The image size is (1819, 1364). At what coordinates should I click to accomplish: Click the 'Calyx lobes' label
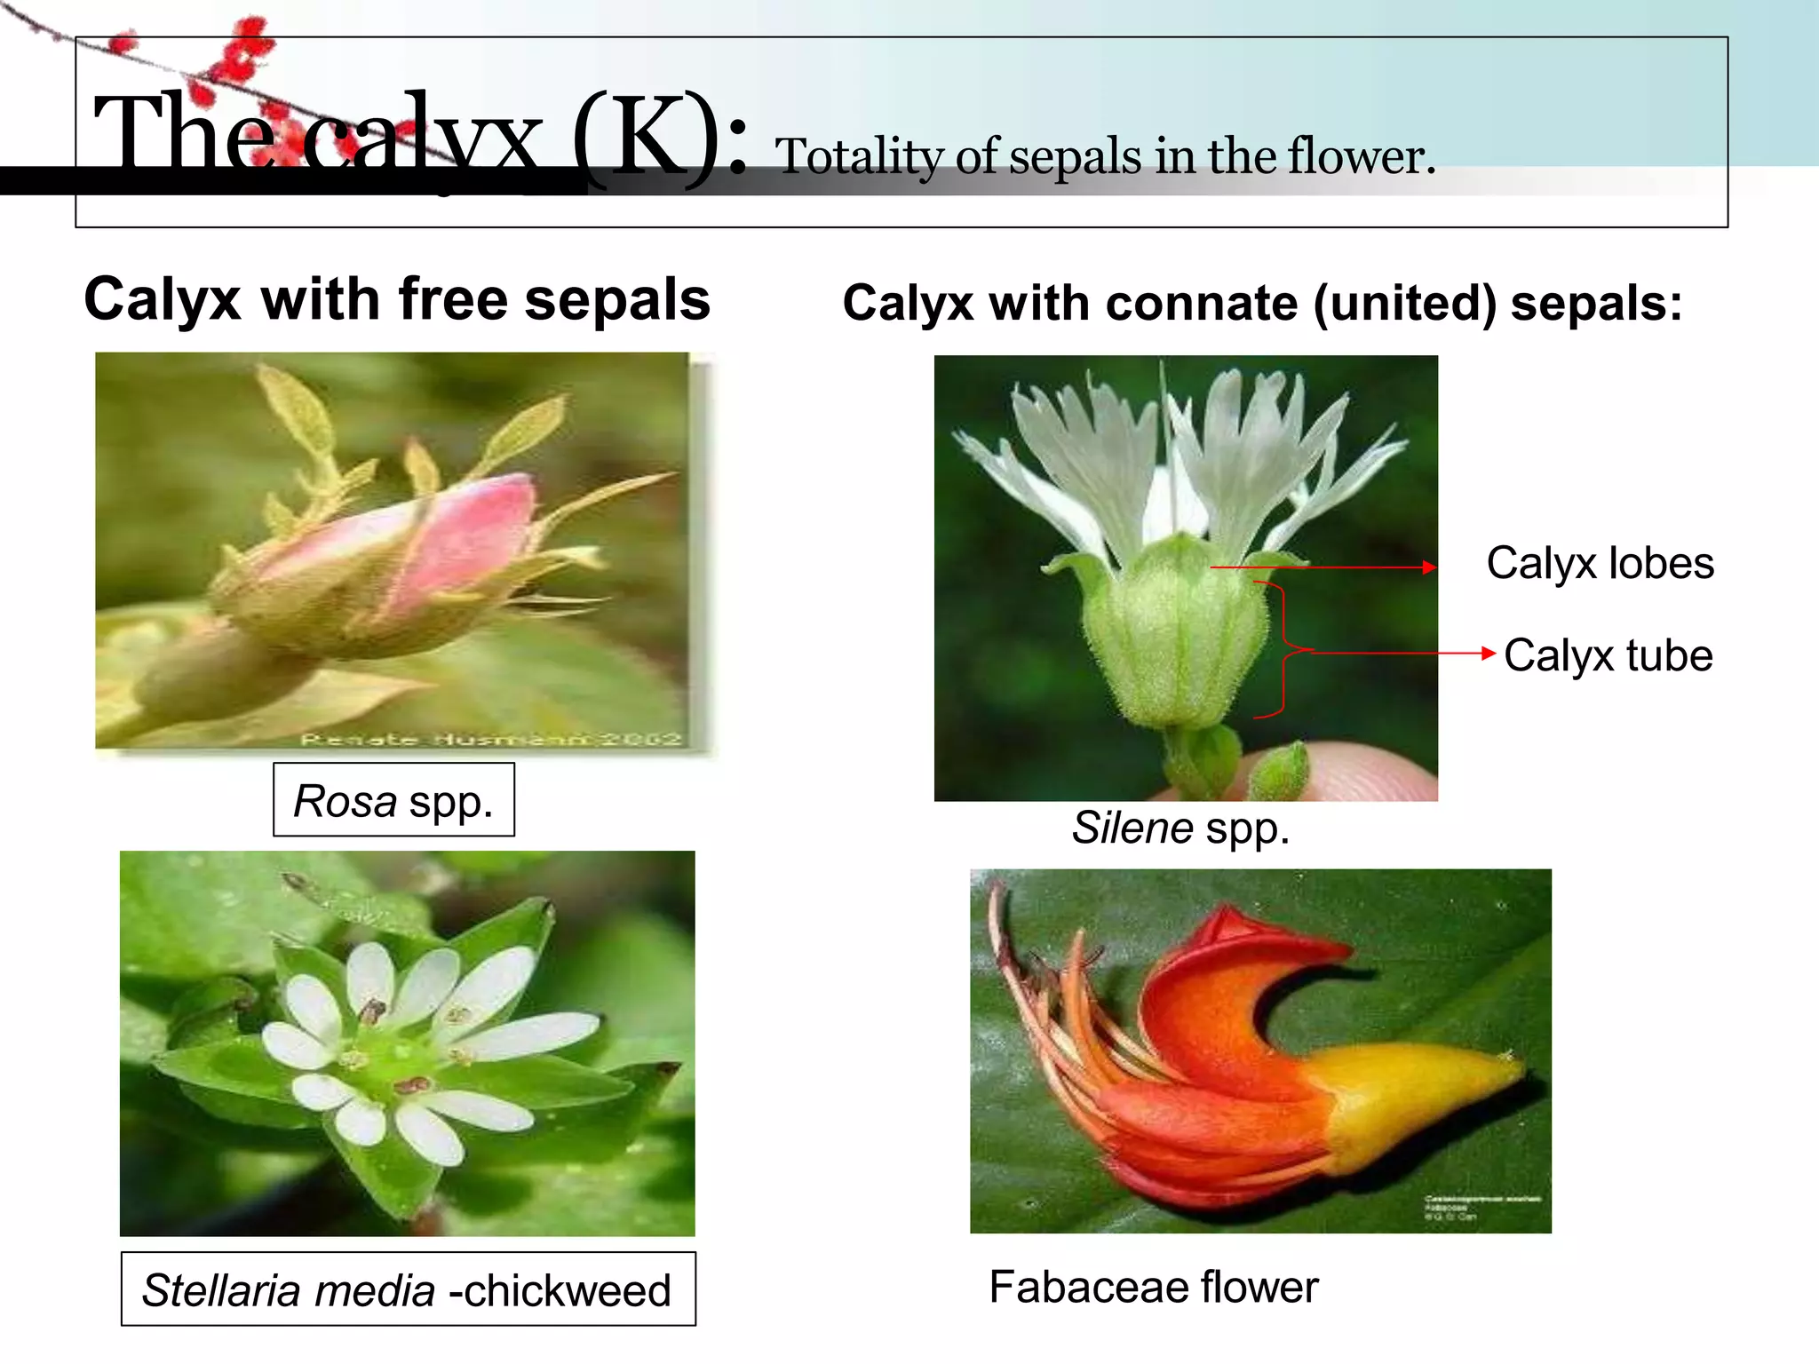[1600, 564]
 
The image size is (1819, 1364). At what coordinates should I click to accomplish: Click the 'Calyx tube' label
[1608, 656]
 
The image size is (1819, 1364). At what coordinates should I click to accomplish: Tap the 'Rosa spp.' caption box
[393, 800]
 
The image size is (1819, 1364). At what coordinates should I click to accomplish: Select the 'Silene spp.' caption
[1180, 828]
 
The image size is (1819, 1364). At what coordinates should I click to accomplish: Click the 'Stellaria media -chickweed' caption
[408, 1289]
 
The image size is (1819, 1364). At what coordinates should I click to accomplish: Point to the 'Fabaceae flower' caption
[1153, 1287]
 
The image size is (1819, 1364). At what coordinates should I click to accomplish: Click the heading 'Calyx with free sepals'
[397, 299]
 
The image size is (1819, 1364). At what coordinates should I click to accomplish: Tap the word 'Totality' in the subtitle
[858, 157]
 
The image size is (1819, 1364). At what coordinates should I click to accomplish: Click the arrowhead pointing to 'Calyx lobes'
[1429, 567]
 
